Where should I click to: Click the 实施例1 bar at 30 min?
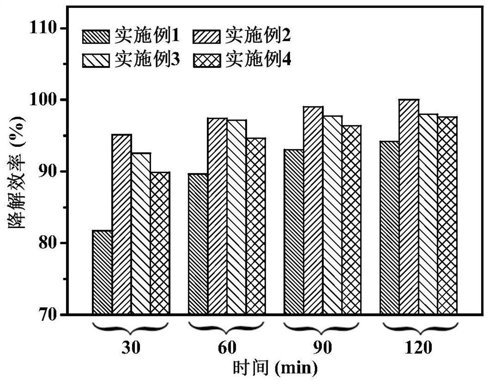(x=102, y=272)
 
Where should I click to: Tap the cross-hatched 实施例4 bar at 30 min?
(x=160, y=243)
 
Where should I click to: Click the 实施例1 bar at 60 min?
(x=198, y=244)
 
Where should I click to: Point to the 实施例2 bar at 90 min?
(x=313, y=210)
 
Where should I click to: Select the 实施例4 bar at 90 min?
(x=352, y=220)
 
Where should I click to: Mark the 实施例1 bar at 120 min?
(x=390, y=227)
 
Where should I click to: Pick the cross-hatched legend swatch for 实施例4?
(x=207, y=60)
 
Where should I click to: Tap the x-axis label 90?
(x=323, y=348)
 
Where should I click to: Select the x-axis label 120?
(x=418, y=348)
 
